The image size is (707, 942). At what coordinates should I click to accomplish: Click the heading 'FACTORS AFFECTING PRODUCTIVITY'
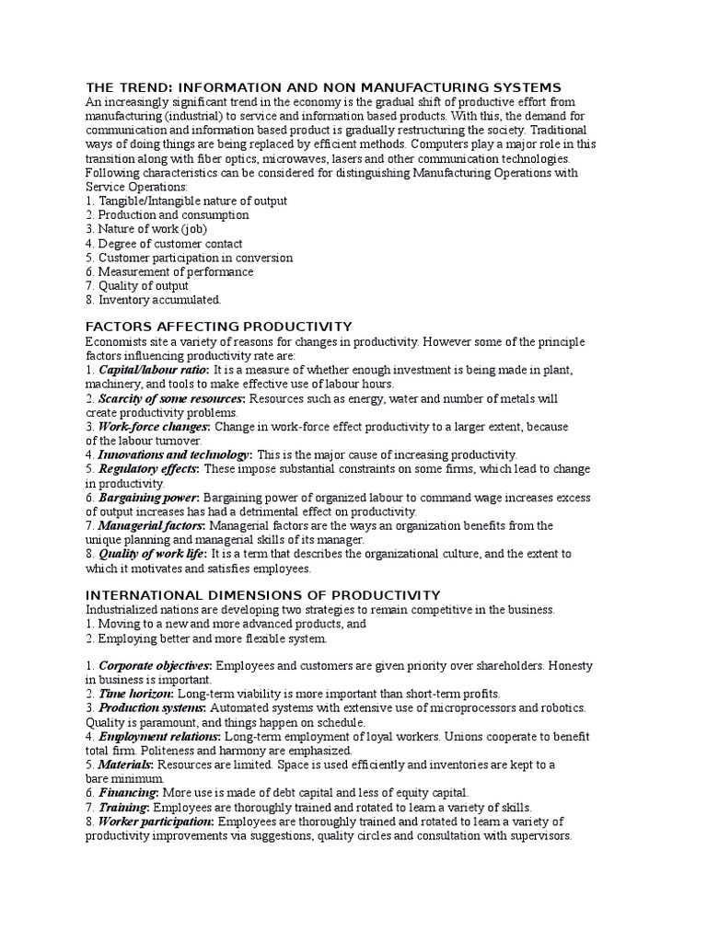[219, 327]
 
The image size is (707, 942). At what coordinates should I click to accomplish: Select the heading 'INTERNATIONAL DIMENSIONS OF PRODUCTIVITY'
[263, 595]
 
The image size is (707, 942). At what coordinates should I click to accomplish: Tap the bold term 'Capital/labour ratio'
[153, 370]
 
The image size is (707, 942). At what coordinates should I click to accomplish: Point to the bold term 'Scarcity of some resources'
[171, 398]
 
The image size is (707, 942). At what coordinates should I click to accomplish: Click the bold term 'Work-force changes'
[153, 427]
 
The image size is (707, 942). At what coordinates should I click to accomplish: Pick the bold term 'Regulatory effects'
[147, 469]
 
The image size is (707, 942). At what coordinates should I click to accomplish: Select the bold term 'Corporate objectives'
[155, 665]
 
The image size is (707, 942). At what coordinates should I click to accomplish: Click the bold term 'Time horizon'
[134, 694]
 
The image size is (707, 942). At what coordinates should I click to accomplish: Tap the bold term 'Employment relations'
[158, 737]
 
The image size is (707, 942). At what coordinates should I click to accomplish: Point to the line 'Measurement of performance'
[175, 272]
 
